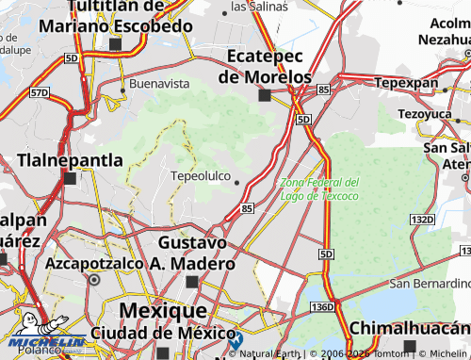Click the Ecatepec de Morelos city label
click(265, 66)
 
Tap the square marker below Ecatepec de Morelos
click(265, 95)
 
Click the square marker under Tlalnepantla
click(70, 177)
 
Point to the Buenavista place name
click(158, 83)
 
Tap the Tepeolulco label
click(200, 176)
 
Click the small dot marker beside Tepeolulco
click(237, 183)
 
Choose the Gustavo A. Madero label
click(191, 253)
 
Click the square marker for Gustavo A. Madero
click(192, 281)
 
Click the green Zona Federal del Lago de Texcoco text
click(319, 188)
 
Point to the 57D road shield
click(39, 93)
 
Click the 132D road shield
click(422, 220)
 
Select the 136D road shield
click(322, 307)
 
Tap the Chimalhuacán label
click(410, 328)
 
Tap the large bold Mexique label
click(162, 310)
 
